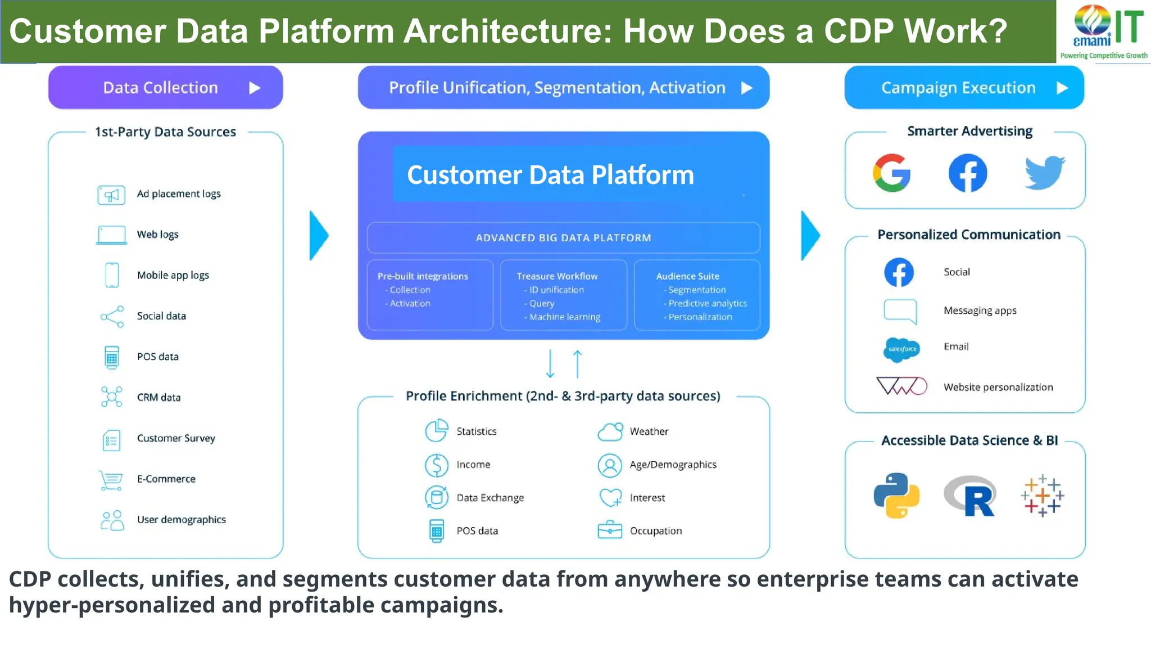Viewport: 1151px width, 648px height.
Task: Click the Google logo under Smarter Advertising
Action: point(891,173)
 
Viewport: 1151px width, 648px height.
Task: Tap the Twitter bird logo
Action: point(1044,173)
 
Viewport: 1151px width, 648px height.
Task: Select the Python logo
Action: point(896,495)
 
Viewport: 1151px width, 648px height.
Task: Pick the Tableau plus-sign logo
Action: point(1043,495)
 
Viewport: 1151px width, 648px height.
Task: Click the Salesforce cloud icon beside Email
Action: point(901,349)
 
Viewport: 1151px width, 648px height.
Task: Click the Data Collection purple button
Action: point(165,88)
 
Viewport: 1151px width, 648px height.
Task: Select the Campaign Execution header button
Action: point(964,88)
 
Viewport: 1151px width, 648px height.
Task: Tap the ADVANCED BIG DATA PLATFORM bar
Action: point(563,238)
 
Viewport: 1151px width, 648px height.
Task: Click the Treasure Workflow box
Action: point(563,295)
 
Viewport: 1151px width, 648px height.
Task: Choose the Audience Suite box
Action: point(697,295)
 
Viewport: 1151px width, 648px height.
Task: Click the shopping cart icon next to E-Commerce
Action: point(111,480)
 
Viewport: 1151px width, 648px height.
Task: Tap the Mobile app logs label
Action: point(173,275)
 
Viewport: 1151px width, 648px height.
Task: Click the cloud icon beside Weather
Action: point(610,431)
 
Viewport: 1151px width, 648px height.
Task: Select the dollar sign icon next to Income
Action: point(437,465)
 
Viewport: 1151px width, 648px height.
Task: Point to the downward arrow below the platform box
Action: point(550,364)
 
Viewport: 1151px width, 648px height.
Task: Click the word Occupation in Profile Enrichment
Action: point(655,531)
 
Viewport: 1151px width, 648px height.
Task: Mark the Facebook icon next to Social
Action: point(899,272)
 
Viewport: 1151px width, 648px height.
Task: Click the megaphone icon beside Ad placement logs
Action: point(111,195)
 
